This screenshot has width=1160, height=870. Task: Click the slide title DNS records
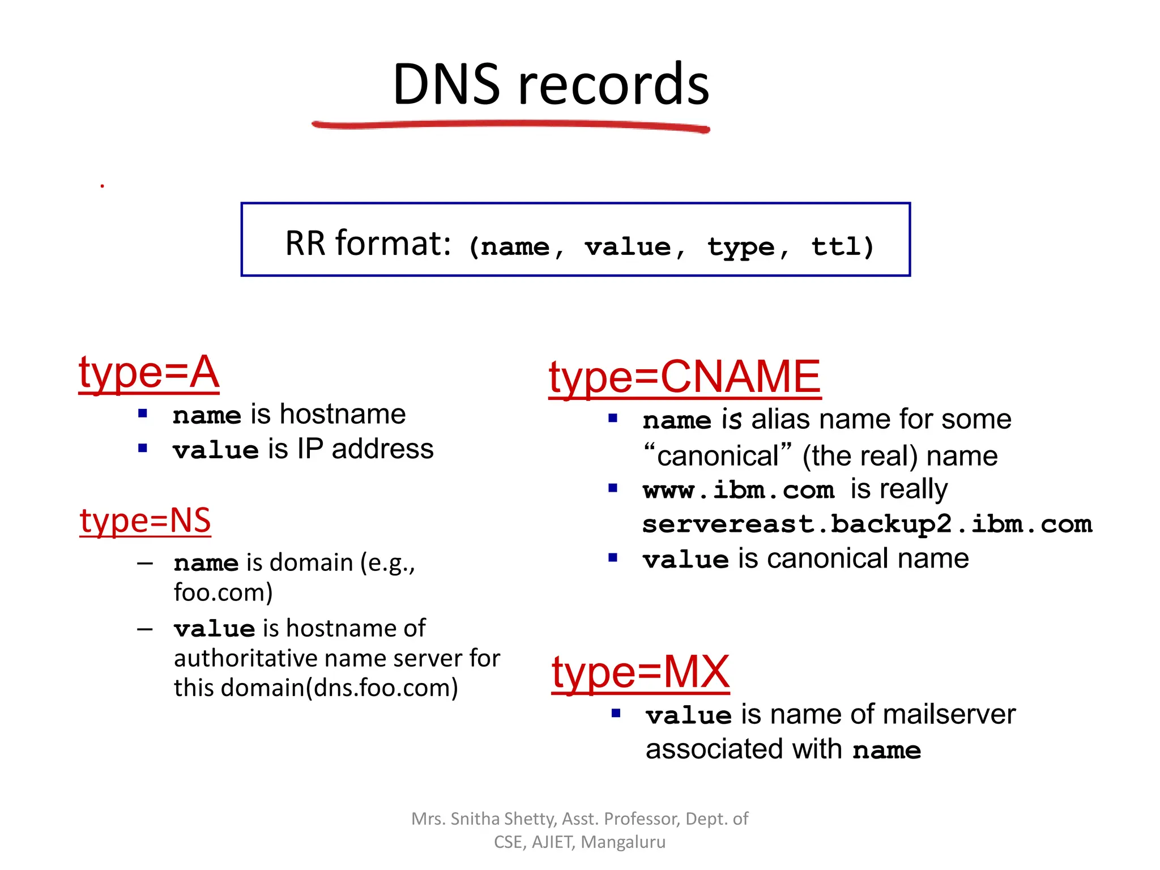(551, 85)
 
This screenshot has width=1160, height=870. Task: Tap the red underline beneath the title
(510, 125)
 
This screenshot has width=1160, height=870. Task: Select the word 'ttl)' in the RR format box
(842, 247)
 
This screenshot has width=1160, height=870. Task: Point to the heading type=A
(148, 373)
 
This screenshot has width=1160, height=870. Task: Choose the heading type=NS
(145, 521)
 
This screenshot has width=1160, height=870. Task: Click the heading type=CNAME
(684, 377)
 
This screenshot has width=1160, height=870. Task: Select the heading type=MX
(640, 672)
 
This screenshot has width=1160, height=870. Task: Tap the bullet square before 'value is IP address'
(143, 449)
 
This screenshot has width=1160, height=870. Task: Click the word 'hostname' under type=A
(343, 414)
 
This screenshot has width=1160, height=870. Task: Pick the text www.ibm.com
(739, 490)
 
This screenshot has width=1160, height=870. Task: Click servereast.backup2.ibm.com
(867, 524)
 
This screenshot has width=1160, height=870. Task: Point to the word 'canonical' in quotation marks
(718, 456)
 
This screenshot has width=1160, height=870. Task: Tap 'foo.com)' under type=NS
(223, 592)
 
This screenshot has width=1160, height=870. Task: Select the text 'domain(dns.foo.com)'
(339, 688)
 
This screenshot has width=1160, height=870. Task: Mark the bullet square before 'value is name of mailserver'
(616, 714)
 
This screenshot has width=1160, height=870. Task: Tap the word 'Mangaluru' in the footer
(623, 842)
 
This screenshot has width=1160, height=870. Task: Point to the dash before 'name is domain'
(145, 564)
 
